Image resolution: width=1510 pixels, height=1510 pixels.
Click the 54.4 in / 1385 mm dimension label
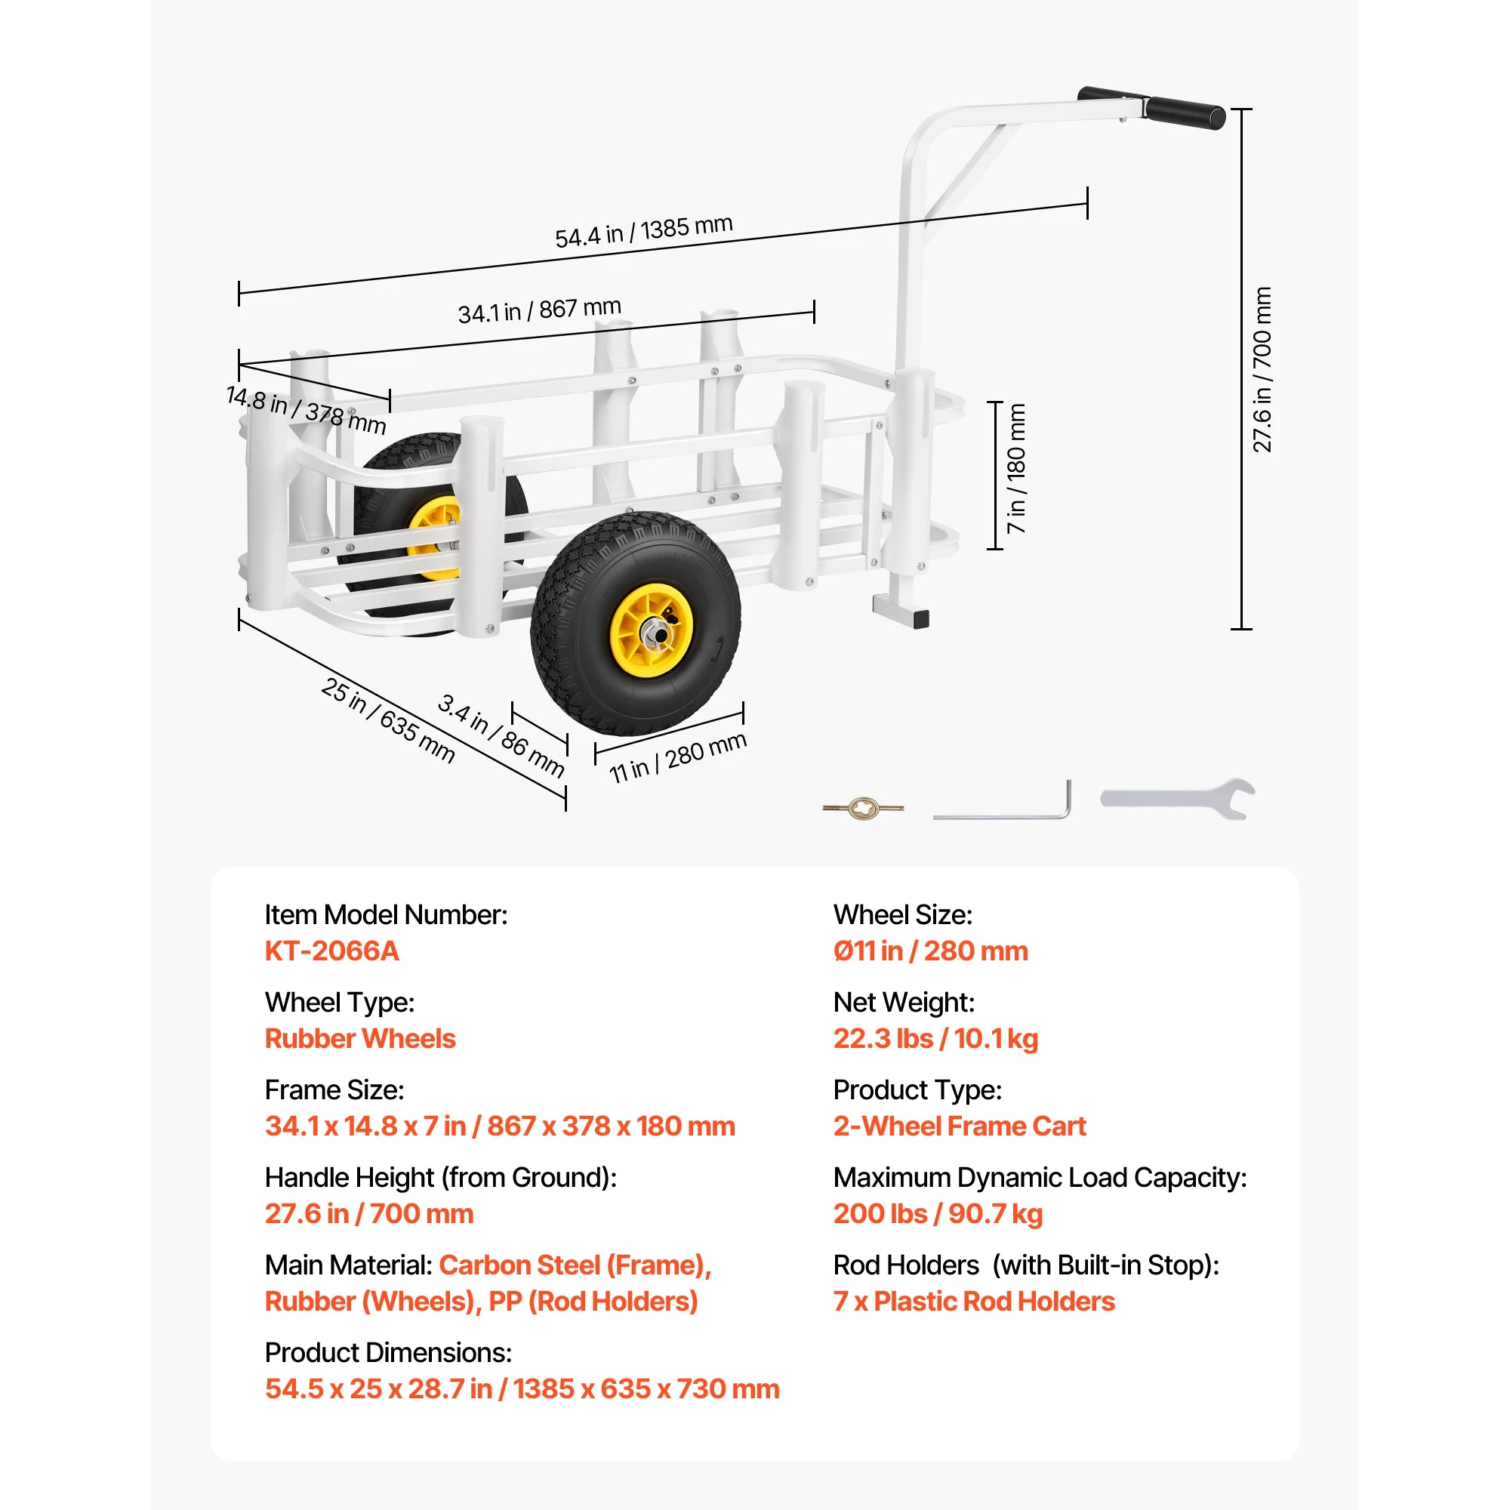644,231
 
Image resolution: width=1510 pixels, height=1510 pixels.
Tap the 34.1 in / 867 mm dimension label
540,310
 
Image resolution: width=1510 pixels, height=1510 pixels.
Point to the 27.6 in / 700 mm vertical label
1262,370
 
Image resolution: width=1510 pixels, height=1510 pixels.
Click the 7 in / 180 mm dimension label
1016,469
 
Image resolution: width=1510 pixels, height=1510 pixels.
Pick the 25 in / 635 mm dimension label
388,720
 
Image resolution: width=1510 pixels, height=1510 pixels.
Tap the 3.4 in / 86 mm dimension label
501,735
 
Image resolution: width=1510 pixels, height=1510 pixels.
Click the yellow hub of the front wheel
651,630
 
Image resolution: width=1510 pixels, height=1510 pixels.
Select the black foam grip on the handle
1185,113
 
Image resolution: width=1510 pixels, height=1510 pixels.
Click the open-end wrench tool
1178,799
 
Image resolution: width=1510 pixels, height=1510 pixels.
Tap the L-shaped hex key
1003,800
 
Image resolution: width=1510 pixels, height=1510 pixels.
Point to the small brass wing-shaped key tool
863,807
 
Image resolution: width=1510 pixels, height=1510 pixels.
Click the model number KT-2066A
332,951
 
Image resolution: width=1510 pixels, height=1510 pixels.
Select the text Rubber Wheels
360,1039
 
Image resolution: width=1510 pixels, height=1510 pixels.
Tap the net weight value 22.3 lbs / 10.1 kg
935,1039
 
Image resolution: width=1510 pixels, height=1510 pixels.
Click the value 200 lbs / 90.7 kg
938,1214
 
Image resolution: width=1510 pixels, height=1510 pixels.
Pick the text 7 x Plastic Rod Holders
974,1302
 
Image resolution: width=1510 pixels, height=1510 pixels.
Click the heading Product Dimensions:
388,1353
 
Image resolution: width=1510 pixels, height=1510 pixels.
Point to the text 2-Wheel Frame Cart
960,1126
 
